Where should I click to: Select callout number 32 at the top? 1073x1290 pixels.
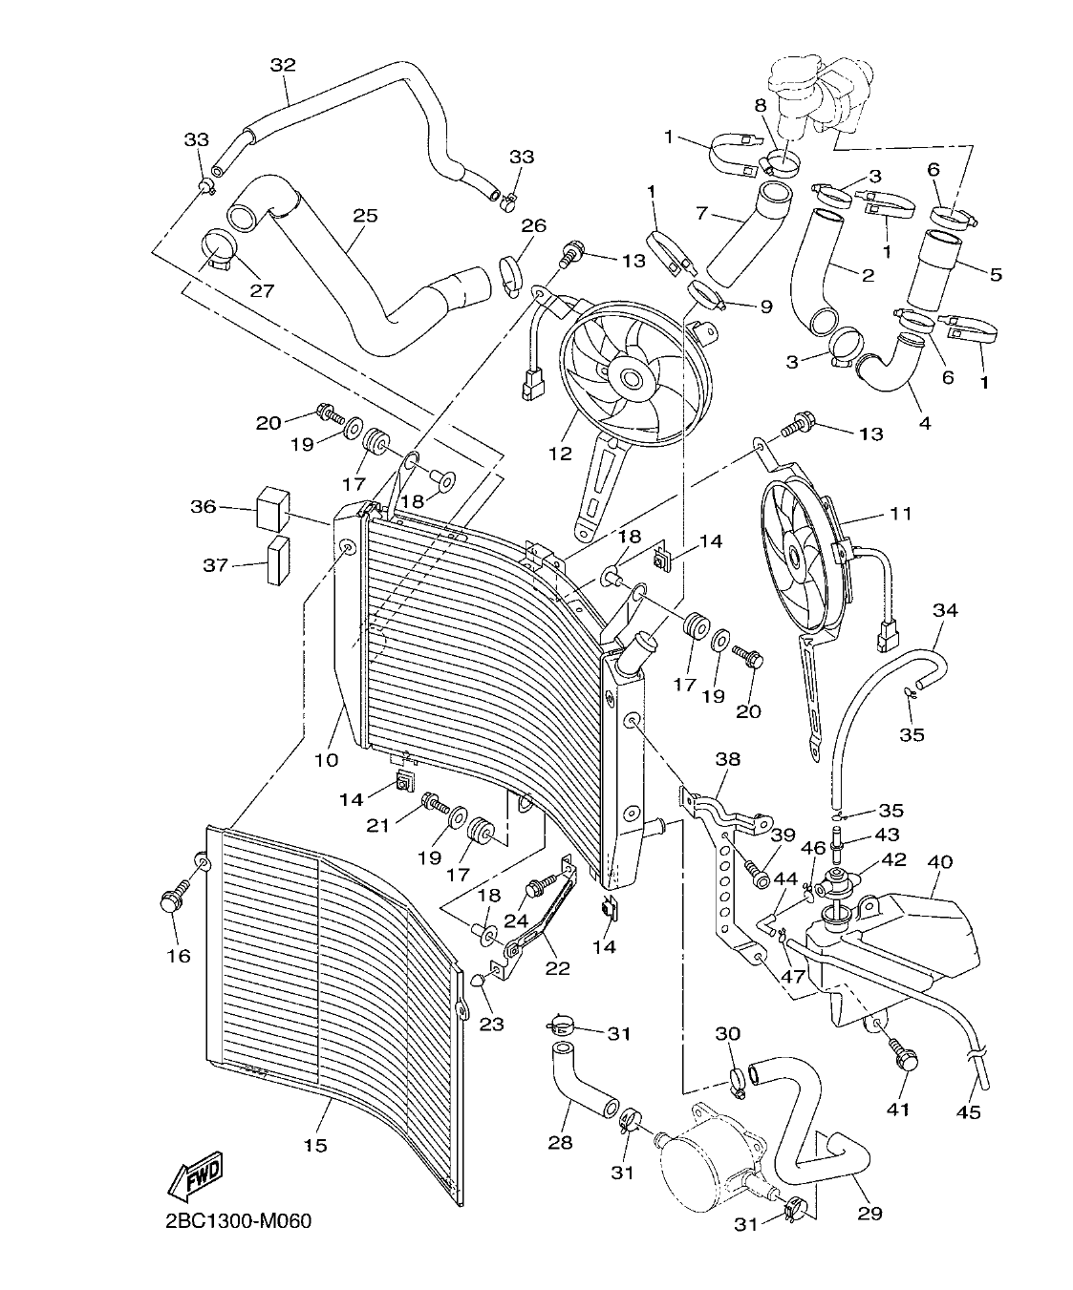283,65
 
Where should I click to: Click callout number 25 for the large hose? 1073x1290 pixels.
364,216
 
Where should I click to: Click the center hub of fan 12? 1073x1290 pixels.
631,379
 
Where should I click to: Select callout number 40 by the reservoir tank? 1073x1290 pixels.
940,861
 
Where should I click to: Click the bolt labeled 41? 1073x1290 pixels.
903,1057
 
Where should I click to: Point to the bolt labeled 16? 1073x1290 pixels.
174,900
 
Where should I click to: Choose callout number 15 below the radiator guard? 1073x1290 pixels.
315,1145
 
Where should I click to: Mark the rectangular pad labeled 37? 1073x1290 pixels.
278,564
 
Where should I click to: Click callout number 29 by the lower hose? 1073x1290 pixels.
869,1214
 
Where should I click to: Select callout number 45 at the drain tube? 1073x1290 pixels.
969,1111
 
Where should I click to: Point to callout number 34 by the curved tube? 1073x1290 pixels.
945,609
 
